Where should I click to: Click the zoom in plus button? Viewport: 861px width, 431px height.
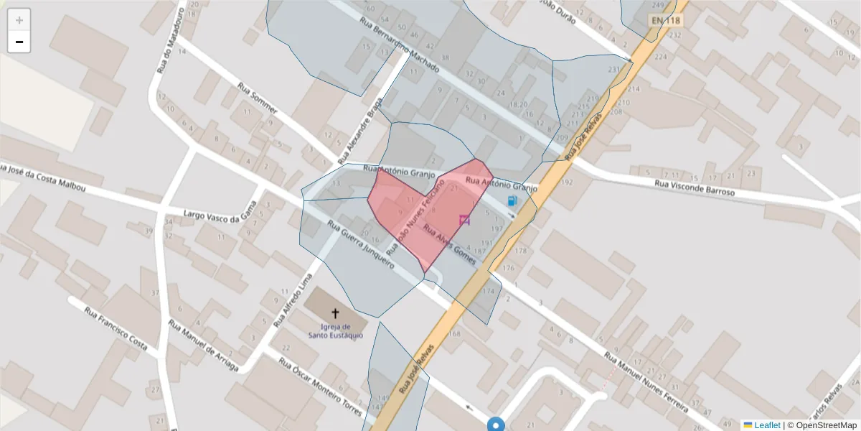click(x=19, y=20)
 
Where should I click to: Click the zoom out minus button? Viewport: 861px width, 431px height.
click(x=19, y=42)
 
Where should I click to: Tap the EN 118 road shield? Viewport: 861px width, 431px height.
click(x=665, y=21)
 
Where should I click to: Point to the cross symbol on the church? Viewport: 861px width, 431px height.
click(x=335, y=313)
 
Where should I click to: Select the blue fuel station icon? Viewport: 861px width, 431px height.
click(x=512, y=201)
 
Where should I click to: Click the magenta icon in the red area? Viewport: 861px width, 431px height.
click(x=464, y=220)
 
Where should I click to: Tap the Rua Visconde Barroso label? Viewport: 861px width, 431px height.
click(x=695, y=189)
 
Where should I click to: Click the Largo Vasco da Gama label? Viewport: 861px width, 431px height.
click(x=220, y=215)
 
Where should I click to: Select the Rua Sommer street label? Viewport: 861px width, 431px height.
click(x=257, y=98)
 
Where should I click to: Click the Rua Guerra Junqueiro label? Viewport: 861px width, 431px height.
click(x=361, y=244)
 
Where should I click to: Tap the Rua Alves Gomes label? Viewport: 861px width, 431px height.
click(x=450, y=245)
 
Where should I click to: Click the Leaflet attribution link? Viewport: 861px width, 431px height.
click(x=766, y=425)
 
